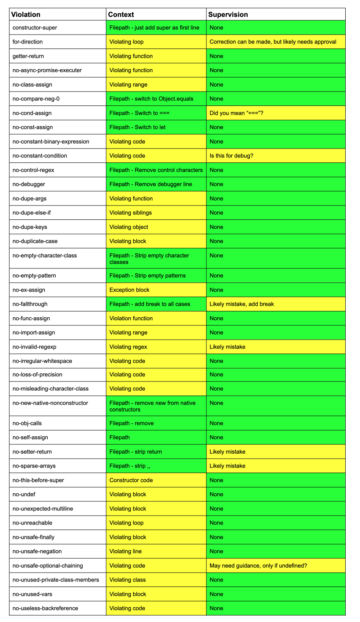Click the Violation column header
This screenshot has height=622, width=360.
point(26,14)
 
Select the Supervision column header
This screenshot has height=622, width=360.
point(228,14)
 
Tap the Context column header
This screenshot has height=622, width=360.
point(121,14)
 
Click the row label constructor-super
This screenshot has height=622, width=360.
point(35,28)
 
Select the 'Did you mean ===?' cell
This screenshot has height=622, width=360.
point(237,113)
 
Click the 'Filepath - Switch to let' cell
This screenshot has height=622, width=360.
point(138,127)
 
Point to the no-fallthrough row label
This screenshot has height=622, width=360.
point(30,304)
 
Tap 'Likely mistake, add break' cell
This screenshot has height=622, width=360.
point(242,304)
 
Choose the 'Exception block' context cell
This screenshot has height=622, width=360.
point(130,290)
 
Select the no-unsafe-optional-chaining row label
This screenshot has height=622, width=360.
point(48,565)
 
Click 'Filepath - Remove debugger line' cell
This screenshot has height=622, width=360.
point(151,184)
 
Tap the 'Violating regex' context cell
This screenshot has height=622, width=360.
point(128,347)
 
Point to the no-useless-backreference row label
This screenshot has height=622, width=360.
point(45,608)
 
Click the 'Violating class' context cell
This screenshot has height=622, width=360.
point(127,580)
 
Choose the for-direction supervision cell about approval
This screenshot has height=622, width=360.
point(273,42)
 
